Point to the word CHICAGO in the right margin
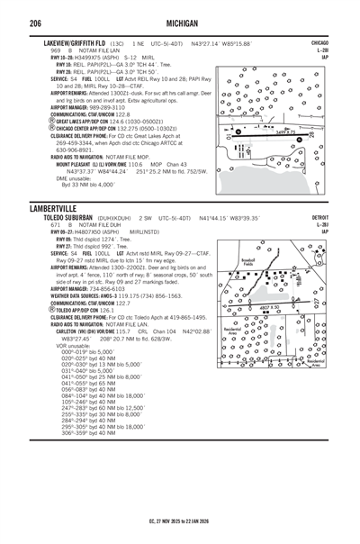[319, 42]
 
